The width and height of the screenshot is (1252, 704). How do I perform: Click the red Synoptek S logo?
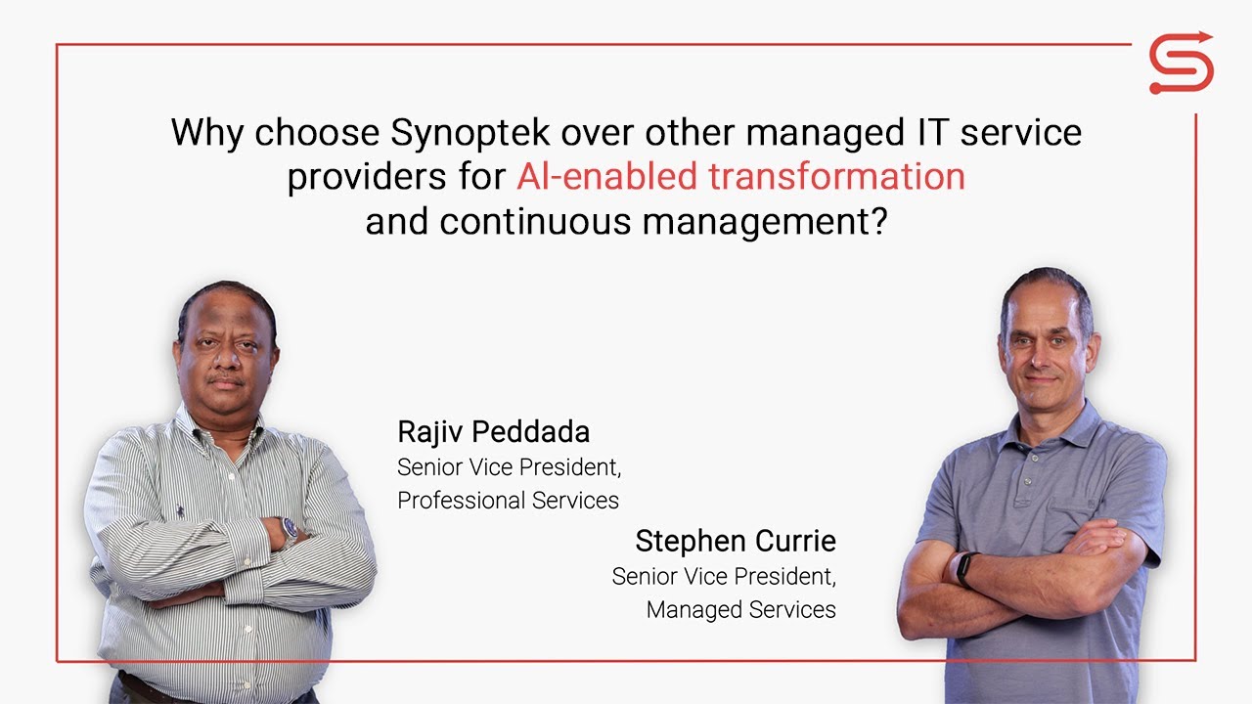pos(1181,65)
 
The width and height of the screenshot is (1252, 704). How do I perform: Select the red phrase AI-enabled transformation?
pos(740,177)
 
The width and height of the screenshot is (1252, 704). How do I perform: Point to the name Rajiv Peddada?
pos(493,431)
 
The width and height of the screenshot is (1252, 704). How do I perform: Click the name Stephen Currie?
pos(735,541)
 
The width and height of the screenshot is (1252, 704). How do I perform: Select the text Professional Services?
pos(508,501)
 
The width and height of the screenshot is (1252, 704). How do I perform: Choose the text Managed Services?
pos(740,610)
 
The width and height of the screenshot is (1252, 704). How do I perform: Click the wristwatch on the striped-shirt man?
pos(291,529)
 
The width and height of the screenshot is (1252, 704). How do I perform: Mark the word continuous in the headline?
pos(535,222)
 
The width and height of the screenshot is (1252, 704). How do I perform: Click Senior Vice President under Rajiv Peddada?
pos(509,467)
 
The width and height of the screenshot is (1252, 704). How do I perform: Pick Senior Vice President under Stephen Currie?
pos(724,577)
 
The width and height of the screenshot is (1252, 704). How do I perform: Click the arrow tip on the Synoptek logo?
pos(1208,39)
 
